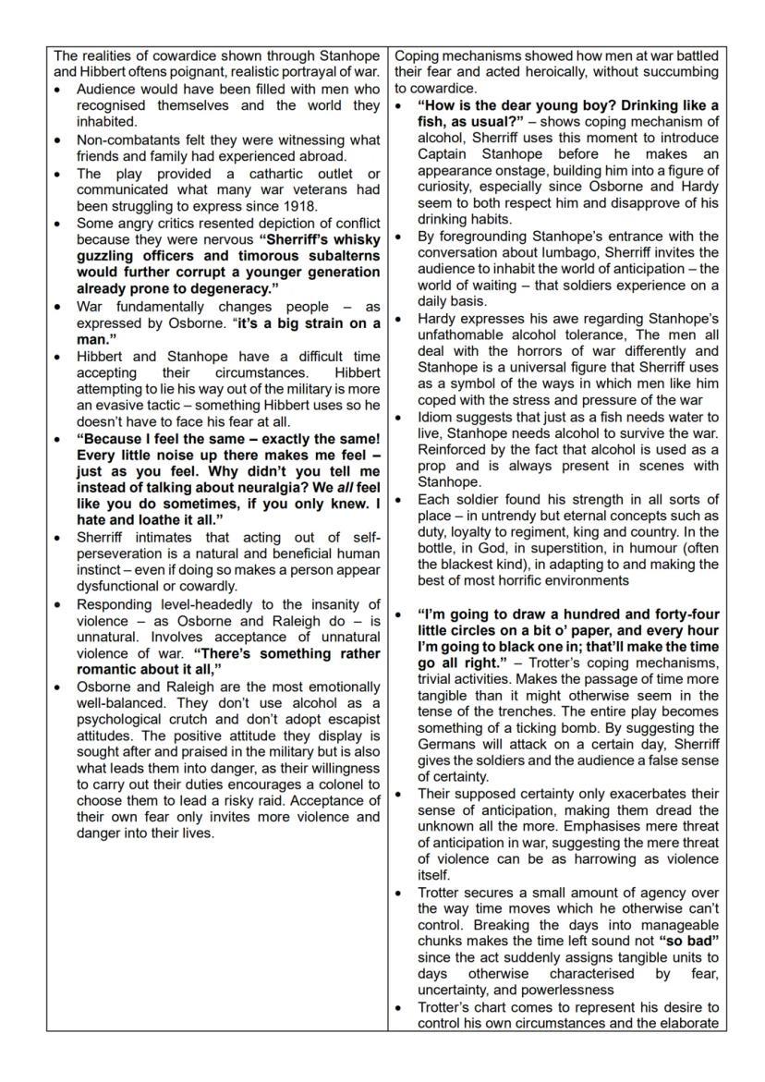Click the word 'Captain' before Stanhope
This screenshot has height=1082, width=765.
pos(447,154)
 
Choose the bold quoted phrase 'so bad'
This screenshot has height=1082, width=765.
pos(691,941)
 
